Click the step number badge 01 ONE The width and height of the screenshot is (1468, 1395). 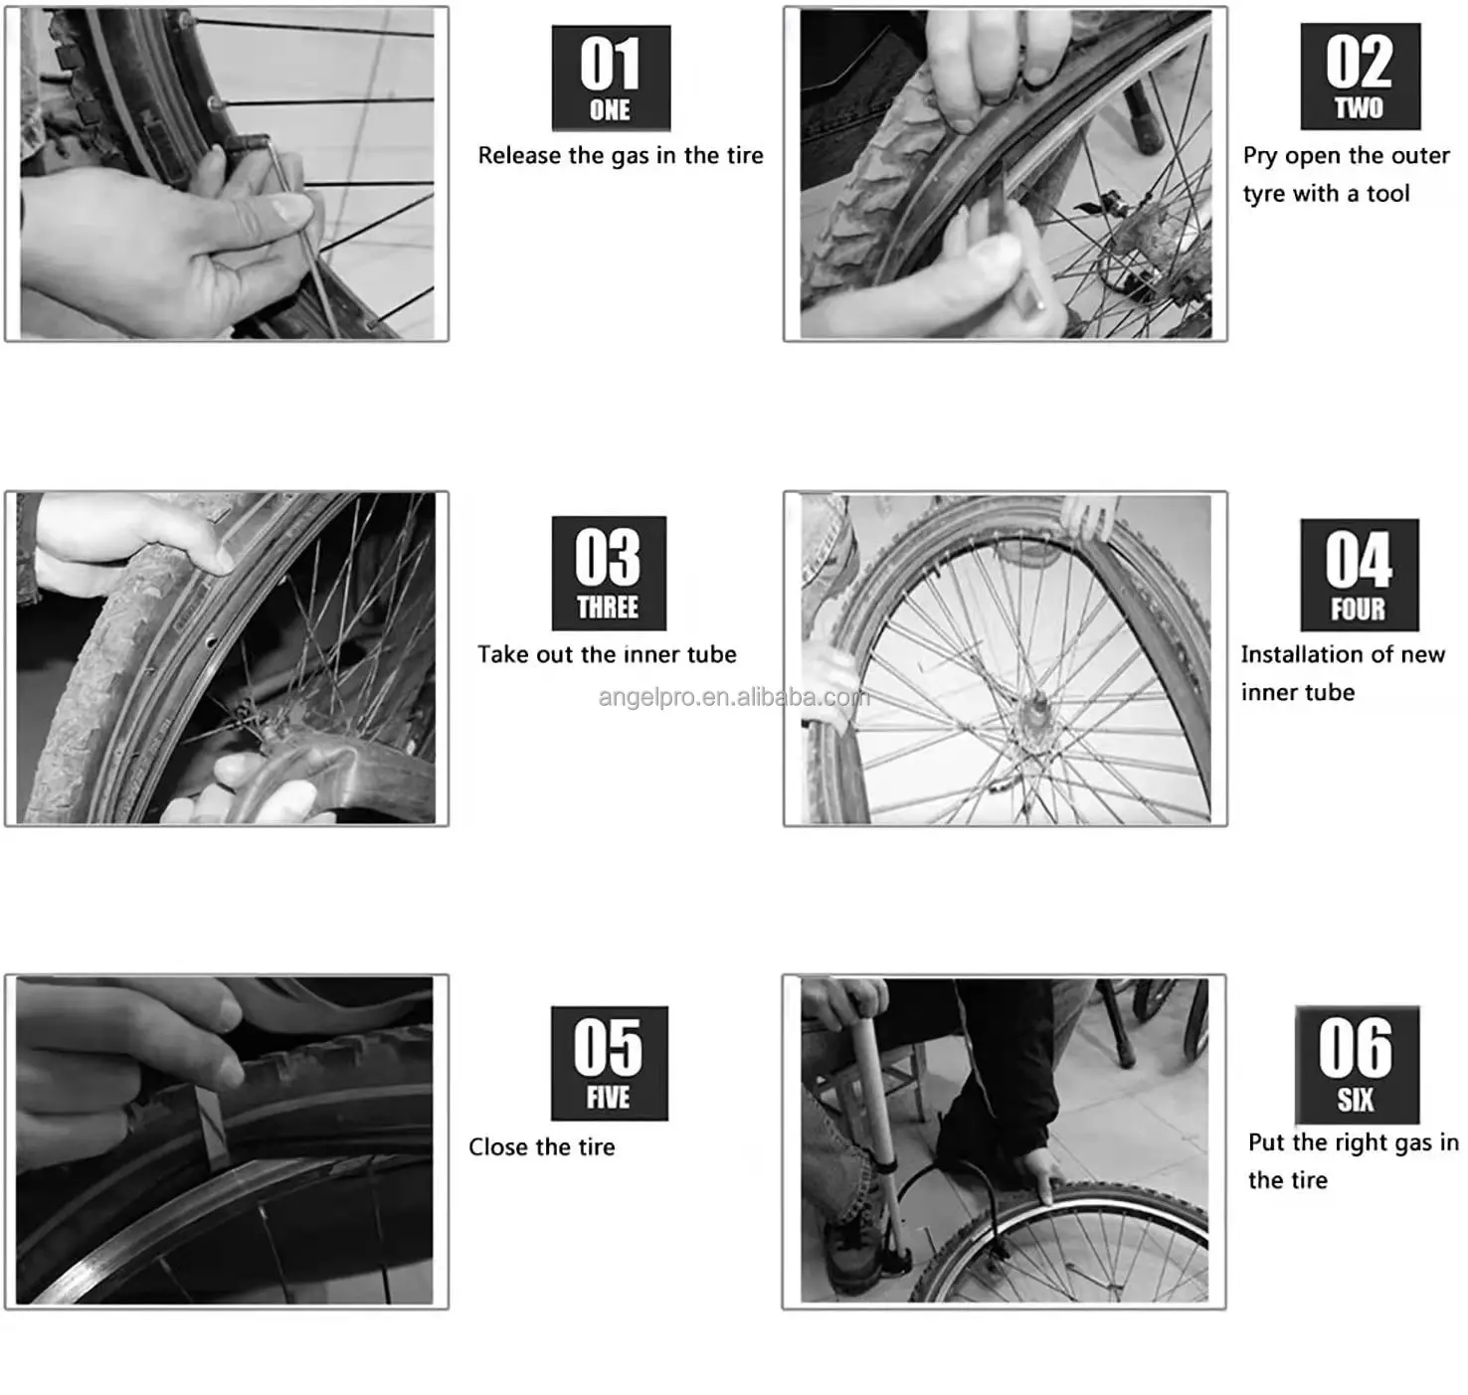(x=611, y=78)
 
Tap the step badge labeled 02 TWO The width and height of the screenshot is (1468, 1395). (x=1360, y=77)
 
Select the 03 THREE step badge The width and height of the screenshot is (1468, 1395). (x=609, y=573)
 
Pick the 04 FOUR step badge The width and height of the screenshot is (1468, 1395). (x=1359, y=575)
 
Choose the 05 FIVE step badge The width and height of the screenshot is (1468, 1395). (x=609, y=1063)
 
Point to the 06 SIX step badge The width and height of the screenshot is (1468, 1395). (x=1357, y=1064)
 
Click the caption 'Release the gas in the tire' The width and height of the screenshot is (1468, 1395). (x=621, y=156)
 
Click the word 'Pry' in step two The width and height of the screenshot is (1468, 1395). (x=1259, y=157)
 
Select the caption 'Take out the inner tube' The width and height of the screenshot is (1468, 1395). (x=607, y=654)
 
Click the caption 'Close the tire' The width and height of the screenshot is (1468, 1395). (x=542, y=1147)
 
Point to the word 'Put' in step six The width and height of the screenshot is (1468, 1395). (x=1266, y=1142)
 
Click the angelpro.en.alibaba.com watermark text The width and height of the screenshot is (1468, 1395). (x=734, y=697)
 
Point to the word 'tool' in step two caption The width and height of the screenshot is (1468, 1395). (x=1387, y=194)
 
